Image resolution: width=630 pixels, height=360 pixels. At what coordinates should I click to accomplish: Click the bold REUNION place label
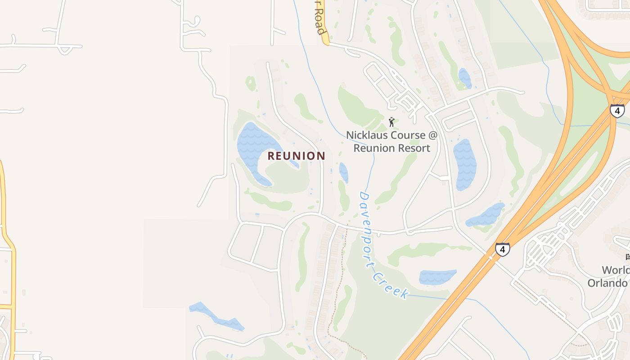296,156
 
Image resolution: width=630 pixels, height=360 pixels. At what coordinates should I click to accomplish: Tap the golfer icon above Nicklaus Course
391,122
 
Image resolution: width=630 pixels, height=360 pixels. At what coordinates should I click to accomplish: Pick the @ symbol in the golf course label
432,135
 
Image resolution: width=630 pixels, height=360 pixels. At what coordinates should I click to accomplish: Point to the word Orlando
607,283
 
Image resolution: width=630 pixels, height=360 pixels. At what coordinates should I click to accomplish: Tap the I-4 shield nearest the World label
503,249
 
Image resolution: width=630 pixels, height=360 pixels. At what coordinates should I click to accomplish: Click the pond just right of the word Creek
436,277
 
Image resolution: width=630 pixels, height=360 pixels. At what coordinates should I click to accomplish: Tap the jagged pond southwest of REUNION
216,316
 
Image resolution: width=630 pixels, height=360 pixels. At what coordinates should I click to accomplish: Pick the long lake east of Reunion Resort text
464,164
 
